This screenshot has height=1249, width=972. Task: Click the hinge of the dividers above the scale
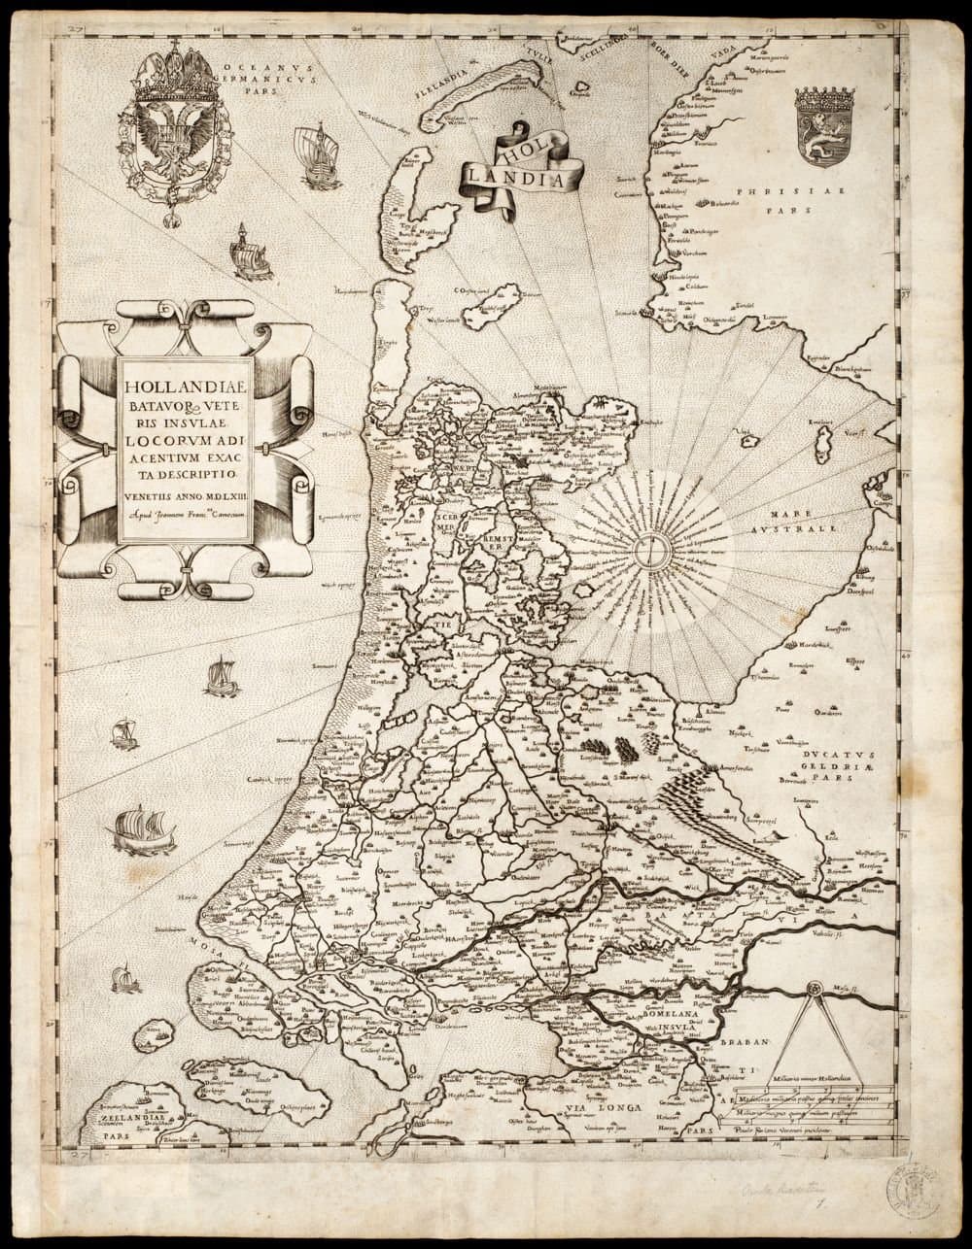pos(815,989)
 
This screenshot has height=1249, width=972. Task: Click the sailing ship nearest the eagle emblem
pos(317,155)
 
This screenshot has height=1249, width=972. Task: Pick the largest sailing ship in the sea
pos(142,830)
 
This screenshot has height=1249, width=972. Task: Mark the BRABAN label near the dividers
pos(745,1043)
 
